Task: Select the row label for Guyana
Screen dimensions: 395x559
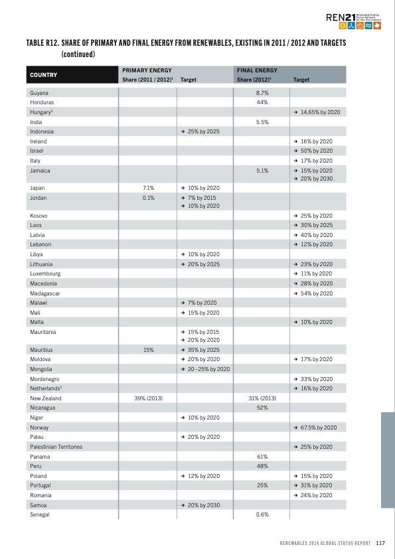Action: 40,93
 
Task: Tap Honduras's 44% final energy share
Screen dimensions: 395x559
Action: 262,103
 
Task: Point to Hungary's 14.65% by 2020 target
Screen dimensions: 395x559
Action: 317,112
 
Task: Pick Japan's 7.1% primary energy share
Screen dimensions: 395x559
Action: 148,188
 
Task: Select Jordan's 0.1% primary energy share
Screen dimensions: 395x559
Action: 148,197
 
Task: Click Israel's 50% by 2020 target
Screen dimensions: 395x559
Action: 313,151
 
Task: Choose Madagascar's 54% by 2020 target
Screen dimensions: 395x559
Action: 313,293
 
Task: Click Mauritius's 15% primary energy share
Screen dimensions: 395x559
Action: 148,349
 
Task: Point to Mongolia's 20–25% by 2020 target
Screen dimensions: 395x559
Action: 205,368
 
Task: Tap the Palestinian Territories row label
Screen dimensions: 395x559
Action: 56,447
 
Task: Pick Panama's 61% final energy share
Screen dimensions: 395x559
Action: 262,457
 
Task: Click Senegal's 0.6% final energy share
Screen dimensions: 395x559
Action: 262,515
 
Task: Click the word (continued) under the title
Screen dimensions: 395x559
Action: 79,54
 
